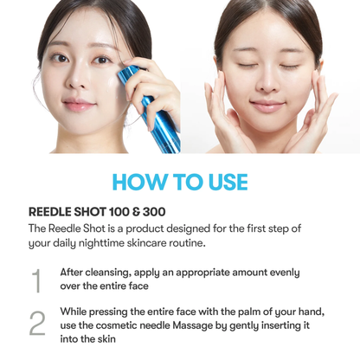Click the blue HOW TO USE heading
[x=180, y=181]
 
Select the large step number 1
[x=36, y=280]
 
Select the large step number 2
[x=36, y=324]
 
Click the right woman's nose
[x=267, y=86]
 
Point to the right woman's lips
[x=267, y=106]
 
